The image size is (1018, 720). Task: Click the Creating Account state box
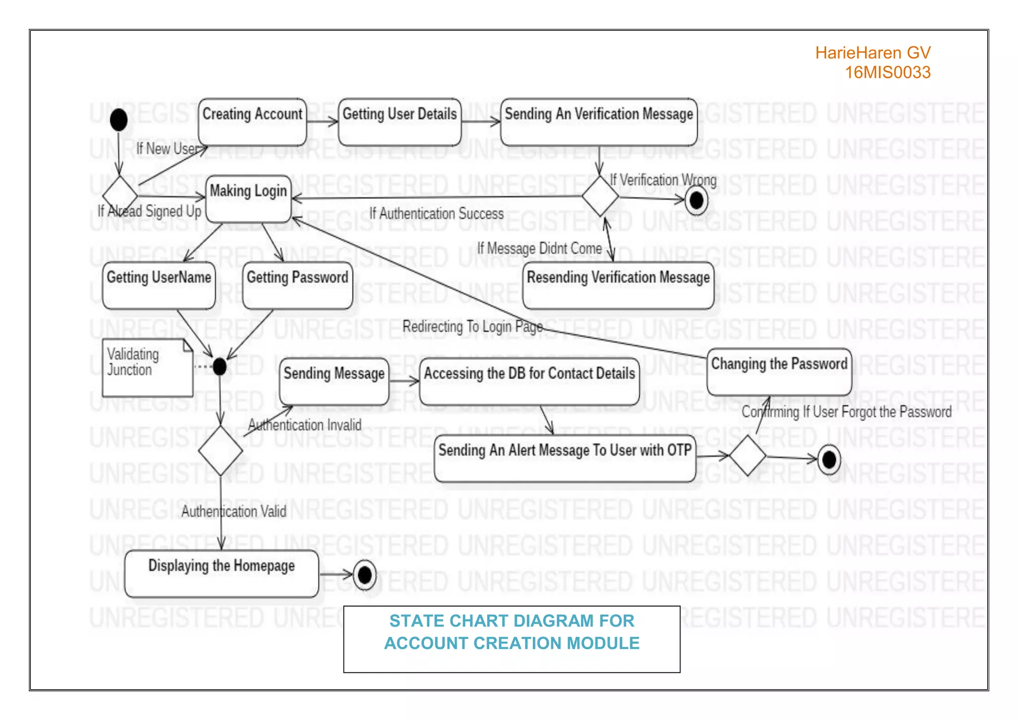(252, 122)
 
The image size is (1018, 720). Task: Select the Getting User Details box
(400, 122)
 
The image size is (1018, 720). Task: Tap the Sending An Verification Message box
(598, 122)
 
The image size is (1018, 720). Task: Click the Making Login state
(248, 198)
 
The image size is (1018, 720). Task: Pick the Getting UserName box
(159, 285)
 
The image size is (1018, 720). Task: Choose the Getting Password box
(297, 285)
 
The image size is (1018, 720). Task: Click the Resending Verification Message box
(618, 285)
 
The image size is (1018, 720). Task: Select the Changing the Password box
(779, 371)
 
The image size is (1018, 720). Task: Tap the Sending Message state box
(334, 381)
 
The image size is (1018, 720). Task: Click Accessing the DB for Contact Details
(529, 381)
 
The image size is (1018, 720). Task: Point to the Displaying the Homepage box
(221, 573)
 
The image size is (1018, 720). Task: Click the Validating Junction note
(147, 367)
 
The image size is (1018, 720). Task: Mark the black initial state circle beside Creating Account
(118, 119)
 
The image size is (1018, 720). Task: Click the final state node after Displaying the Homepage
(364, 575)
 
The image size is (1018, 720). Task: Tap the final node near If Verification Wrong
(696, 200)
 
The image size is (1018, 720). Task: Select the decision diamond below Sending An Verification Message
(600, 196)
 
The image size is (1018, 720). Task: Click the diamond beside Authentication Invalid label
(220, 450)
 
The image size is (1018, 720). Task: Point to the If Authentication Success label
(436, 214)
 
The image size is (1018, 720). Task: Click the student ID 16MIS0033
(887, 73)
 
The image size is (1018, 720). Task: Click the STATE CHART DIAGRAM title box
(511, 638)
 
